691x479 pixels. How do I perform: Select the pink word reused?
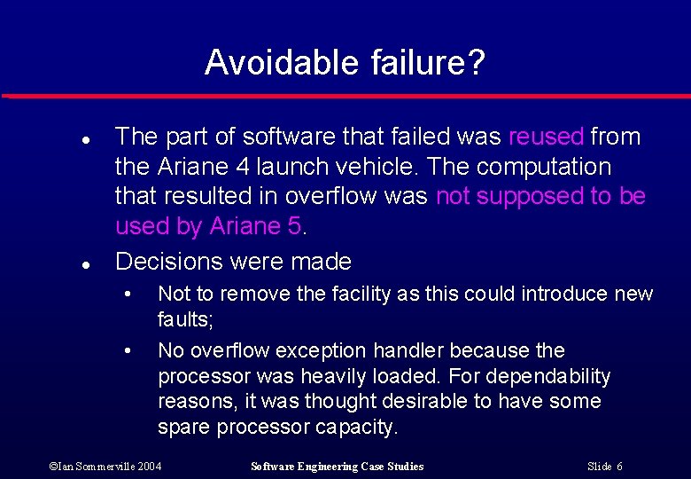547,137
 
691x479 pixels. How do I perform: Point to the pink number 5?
295,226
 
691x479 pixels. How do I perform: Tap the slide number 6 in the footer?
619,467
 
